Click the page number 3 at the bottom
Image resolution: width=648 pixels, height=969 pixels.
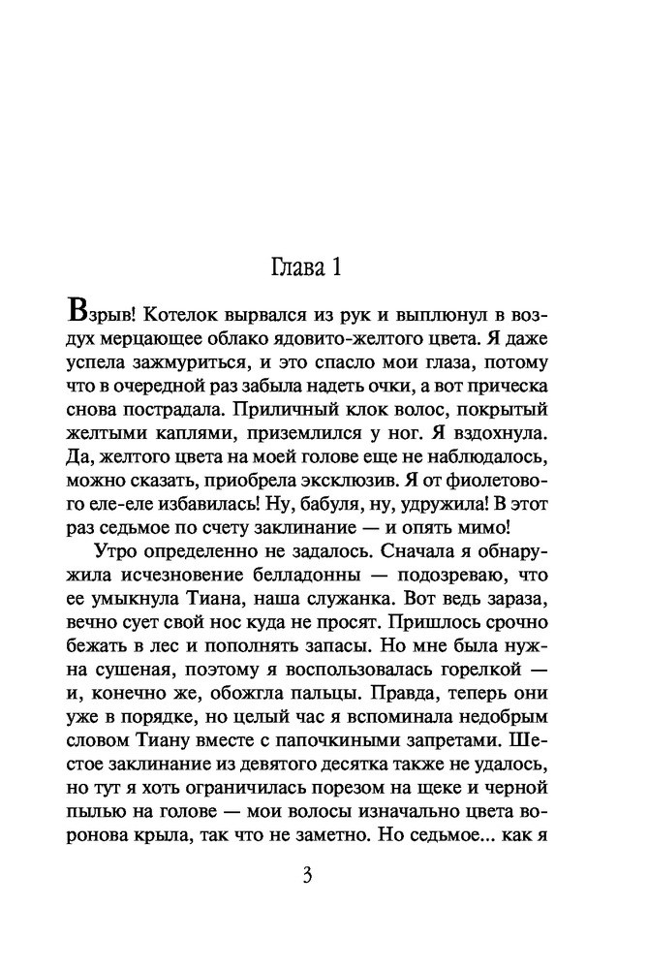pos(307,876)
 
